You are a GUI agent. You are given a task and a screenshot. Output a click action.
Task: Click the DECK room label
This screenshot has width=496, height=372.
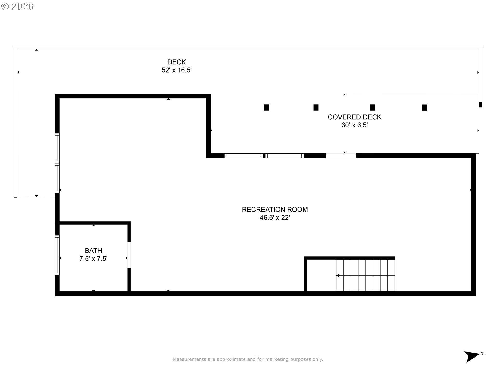[x=177, y=62]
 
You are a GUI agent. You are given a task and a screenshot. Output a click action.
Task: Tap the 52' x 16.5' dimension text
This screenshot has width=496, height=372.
[x=177, y=70]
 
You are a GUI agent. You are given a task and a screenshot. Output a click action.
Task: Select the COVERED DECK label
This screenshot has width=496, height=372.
[x=354, y=117]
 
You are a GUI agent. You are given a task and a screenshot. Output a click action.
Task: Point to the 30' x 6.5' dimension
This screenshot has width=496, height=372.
[x=354, y=125]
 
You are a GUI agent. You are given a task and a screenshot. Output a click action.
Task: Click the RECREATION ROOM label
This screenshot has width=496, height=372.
[x=275, y=209]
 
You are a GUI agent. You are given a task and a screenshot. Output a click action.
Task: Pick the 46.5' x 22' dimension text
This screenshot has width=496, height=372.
[x=275, y=218]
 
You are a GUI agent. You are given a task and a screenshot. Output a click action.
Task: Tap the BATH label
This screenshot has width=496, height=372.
[x=94, y=250]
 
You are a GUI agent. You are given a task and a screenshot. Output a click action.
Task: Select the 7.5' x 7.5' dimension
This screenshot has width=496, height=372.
[x=94, y=259]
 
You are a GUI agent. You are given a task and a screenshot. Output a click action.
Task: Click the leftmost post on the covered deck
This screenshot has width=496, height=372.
[x=267, y=107]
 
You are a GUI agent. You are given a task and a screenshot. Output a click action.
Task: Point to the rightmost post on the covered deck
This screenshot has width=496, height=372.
[x=424, y=107]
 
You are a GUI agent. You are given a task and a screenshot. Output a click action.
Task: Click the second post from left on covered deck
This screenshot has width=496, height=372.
[x=316, y=107]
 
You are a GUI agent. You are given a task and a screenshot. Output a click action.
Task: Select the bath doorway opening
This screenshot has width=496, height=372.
[x=129, y=255]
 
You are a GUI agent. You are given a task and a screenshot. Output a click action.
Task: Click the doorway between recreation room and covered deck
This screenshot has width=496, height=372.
[x=341, y=156]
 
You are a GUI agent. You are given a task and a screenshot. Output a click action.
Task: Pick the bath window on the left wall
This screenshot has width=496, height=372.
[x=57, y=255]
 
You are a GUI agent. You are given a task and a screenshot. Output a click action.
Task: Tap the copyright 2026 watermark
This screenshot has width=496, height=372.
[x=18, y=6]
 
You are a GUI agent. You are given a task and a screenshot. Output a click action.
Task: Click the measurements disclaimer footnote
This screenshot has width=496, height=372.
[x=248, y=359]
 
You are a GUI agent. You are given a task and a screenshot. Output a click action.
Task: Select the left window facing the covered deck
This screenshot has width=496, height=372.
[x=244, y=156]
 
